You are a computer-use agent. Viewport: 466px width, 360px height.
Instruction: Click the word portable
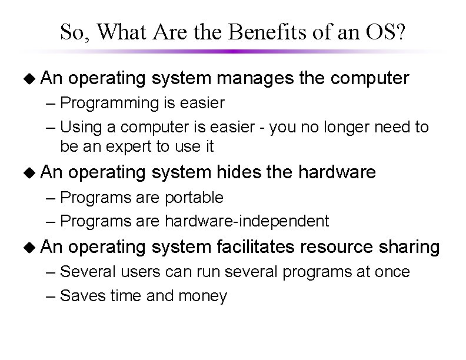click(x=194, y=197)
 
